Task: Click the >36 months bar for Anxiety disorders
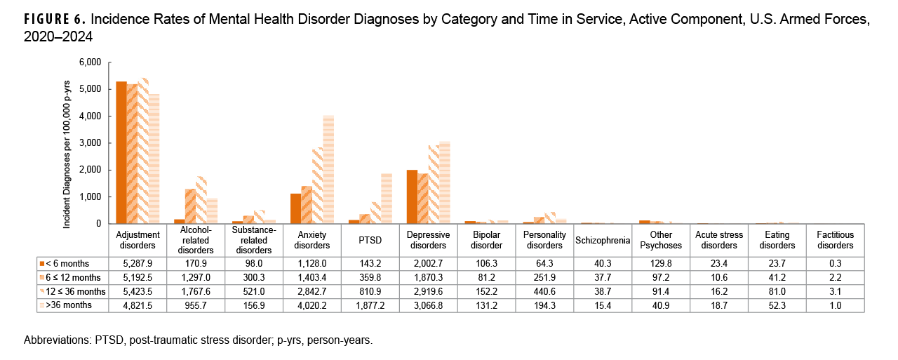(328, 170)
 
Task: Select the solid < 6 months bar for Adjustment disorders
(121, 153)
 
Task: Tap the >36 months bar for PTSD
(386, 199)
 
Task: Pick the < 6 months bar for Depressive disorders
(412, 197)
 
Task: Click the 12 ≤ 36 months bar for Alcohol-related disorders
(201, 200)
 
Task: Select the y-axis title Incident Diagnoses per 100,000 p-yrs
(67, 143)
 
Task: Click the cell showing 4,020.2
(312, 306)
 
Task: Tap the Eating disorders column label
(777, 240)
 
